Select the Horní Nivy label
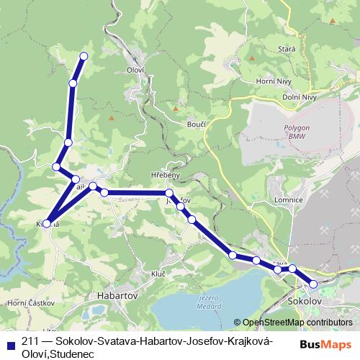(272, 82)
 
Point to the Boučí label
(197, 124)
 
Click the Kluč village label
(158, 274)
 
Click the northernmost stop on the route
(84, 56)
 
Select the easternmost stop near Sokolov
(313, 284)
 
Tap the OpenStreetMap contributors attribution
(297, 323)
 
